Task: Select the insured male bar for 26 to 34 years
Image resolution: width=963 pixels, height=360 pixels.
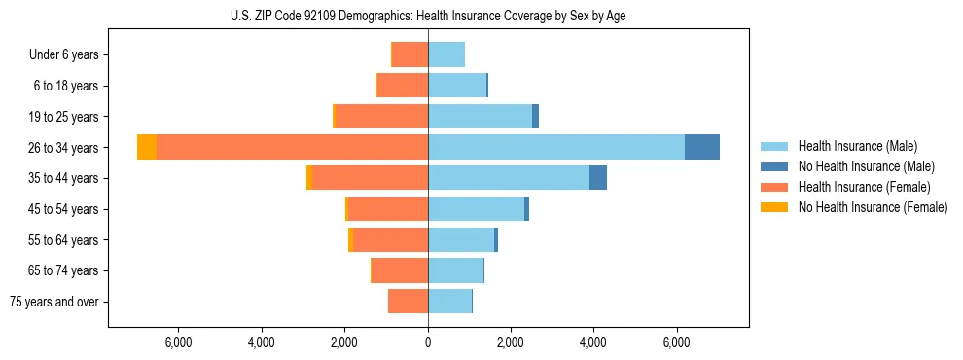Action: [x=556, y=147]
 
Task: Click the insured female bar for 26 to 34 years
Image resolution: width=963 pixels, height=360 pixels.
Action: [x=292, y=147]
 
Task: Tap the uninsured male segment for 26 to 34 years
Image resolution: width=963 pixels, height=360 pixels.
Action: [x=702, y=147]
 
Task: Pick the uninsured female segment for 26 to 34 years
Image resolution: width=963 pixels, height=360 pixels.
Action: [x=147, y=147]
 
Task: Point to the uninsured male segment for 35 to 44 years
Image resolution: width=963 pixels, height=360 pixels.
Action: [x=598, y=178]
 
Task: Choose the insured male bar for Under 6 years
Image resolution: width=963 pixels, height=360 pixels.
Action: [x=446, y=54]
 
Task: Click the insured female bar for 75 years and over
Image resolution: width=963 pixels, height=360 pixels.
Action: [x=408, y=302]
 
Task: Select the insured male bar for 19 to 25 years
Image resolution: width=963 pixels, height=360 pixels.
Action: [x=480, y=117]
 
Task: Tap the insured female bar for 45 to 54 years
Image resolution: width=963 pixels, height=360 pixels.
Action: [x=387, y=209]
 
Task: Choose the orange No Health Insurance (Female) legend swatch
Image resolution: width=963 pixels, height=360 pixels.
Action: [x=774, y=207]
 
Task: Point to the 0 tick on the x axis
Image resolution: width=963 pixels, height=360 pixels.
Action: [x=428, y=342]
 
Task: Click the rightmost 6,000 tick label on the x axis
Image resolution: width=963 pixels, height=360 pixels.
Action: [x=676, y=342]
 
